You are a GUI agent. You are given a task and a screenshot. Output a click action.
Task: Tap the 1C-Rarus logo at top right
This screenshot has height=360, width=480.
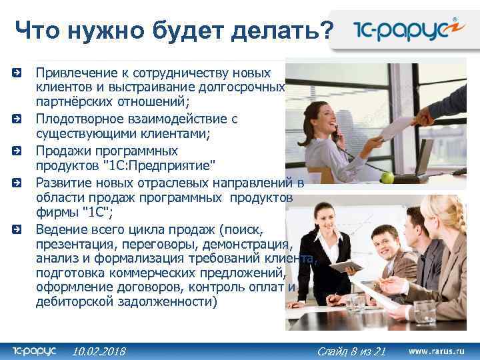(x=405, y=31)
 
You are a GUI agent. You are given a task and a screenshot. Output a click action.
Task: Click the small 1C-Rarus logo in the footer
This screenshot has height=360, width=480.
(x=34, y=350)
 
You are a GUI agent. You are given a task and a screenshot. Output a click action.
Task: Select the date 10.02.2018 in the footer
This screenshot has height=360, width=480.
(x=99, y=351)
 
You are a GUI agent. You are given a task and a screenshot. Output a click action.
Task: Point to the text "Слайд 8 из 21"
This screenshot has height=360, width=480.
(x=351, y=351)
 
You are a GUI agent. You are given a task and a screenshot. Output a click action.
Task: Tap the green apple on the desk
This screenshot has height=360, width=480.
(x=386, y=177)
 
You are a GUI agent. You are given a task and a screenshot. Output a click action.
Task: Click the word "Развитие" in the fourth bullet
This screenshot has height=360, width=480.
(x=61, y=182)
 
